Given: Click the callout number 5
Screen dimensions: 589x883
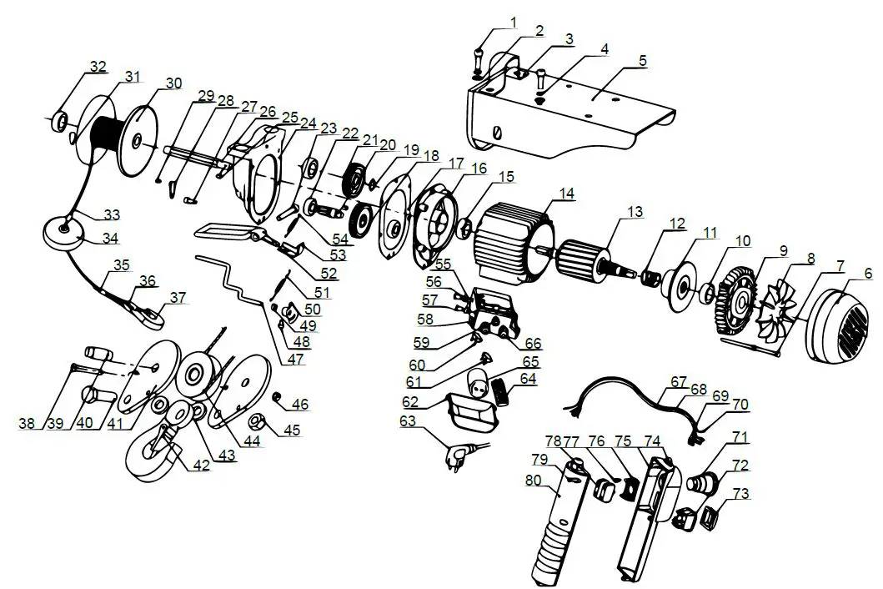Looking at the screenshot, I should pos(641,61).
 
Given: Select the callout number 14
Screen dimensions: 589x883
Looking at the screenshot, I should pos(567,193).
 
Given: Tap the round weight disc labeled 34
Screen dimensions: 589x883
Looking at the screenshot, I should pos(63,232).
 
